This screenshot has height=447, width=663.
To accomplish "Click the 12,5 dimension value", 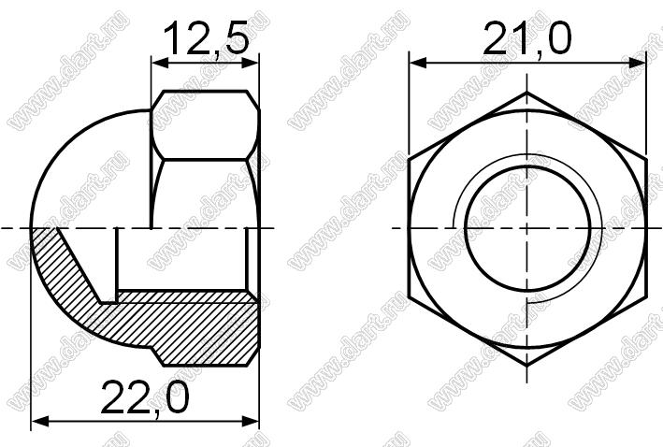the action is [x=206, y=39].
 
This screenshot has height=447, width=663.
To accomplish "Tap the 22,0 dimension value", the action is [x=145, y=397].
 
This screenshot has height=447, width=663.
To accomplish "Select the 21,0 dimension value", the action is [x=526, y=38].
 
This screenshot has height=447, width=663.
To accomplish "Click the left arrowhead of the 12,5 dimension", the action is [x=160, y=64].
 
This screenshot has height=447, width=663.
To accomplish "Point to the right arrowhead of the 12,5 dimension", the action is [x=250, y=64].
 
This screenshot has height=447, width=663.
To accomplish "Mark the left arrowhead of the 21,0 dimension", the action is [x=418, y=64].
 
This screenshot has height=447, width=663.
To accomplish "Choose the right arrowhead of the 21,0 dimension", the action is [x=637, y=64].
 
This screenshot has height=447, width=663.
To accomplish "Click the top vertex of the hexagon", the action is [x=526, y=92].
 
